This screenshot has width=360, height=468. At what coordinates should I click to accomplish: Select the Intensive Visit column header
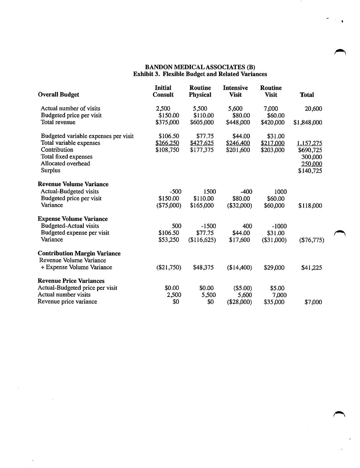[235, 91]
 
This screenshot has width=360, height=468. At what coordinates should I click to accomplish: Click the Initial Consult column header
[163, 91]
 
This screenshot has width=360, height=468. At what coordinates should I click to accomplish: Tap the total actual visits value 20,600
[313, 109]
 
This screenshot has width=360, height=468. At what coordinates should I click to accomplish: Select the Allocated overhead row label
[65, 164]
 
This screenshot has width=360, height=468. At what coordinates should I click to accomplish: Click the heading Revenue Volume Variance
[73, 184]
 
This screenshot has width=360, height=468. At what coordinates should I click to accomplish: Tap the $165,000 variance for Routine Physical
[202, 206]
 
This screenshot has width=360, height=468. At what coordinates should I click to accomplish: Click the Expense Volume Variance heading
[73, 219]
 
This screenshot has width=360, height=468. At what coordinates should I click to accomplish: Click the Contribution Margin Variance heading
[79, 254]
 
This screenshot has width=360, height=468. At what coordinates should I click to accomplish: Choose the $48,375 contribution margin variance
[203, 268]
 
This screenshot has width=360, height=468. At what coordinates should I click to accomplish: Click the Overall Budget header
[59, 95]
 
